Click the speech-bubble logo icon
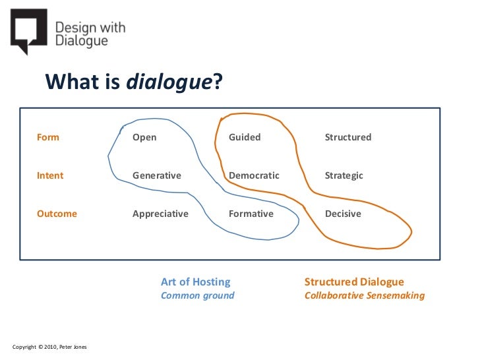point(28,30)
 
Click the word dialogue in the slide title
point(170,82)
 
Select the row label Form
point(48,137)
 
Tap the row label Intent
point(50,175)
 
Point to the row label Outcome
point(57,214)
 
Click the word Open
point(144,137)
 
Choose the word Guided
point(245,137)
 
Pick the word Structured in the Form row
point(347,137)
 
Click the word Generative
point(156,175)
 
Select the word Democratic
point(254,175)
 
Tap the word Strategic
point(344,175)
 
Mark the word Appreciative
point(160,214)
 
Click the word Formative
point(251,214)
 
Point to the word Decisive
point(343,214)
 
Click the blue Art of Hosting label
point(195,282)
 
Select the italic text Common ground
point(197,295)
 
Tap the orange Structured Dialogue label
point(353,282)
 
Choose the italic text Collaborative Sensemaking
point(364,295)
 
